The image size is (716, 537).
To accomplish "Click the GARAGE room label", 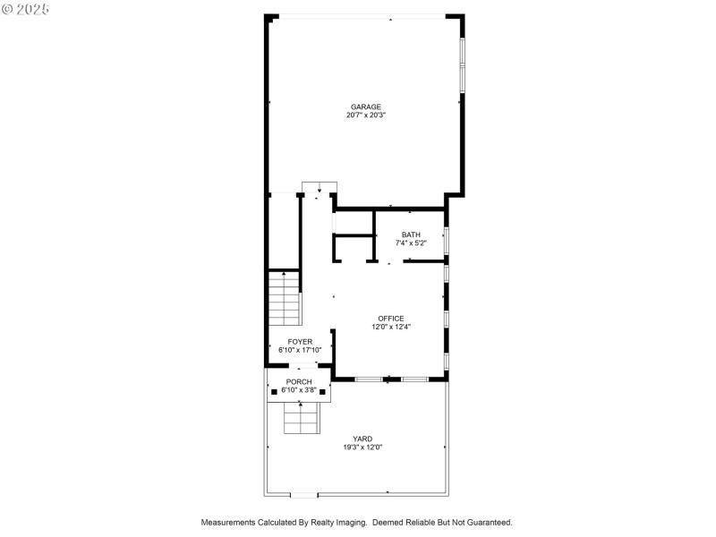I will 366,107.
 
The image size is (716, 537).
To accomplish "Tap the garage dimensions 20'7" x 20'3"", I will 366,115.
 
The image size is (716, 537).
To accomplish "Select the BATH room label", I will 410,234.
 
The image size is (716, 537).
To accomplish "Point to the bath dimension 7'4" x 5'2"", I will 410,243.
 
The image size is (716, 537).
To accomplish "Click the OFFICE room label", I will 390,319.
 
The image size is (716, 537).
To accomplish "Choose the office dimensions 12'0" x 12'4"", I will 390,327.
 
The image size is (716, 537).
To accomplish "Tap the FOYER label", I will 300,342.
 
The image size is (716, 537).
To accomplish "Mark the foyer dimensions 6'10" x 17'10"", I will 300,350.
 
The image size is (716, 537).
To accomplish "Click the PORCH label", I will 299,382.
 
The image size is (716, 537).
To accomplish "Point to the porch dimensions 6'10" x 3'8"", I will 299,390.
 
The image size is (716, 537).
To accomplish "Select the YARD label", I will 362,439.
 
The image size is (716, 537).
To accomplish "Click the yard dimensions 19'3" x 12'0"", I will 362,447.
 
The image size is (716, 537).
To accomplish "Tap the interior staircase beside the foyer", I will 284,299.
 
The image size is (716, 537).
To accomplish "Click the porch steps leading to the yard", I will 301,418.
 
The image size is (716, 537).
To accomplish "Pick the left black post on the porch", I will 274,391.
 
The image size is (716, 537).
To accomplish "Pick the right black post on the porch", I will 323,391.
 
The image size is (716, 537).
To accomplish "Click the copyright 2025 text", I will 26,8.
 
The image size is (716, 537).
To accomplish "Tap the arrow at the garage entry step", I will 319,190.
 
